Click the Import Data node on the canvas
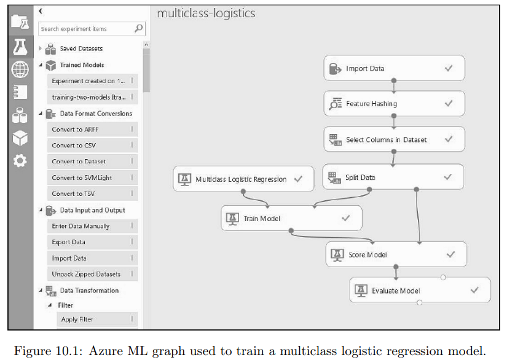coord(394,68)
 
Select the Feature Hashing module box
coord(394,103)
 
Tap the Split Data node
coord(393,177)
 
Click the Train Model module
coord(291,218)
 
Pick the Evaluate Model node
coord(420,290)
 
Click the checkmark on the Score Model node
coord(450,255)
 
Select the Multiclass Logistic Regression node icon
coord(184,179)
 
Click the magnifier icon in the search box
coord(139,28)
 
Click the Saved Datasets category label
coord(82,49)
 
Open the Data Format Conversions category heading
coord(96,114)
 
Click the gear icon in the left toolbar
coord(20,160)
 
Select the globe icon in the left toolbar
coord(20,69)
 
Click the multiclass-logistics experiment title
coord(206,14)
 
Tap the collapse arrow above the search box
coord(41,11)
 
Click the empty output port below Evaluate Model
coord(419,302)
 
